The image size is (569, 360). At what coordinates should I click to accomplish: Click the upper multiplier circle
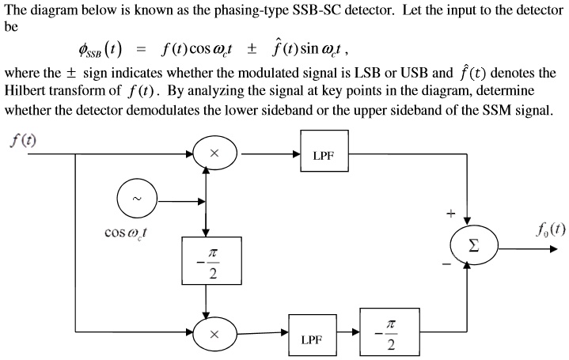point(214,154)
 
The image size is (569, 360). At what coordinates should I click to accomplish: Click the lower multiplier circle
point(214,335)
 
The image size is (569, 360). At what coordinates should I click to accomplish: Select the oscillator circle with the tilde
point(138,199)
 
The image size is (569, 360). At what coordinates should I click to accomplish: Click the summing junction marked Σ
point(473,244)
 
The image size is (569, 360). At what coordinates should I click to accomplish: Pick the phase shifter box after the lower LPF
point(388,335)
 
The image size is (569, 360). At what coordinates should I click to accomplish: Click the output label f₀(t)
point(548,229)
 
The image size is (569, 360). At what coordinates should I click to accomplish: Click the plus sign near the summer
point(450,213)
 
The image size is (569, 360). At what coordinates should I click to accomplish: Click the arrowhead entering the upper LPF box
point(296,155)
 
